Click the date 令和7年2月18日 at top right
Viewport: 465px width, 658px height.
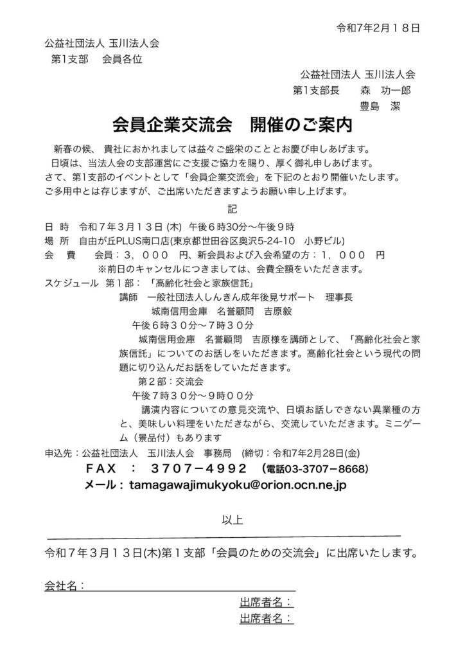click(378, 28)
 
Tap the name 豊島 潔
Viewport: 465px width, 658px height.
click(382, 105)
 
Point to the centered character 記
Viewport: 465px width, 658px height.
click(232, 208)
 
